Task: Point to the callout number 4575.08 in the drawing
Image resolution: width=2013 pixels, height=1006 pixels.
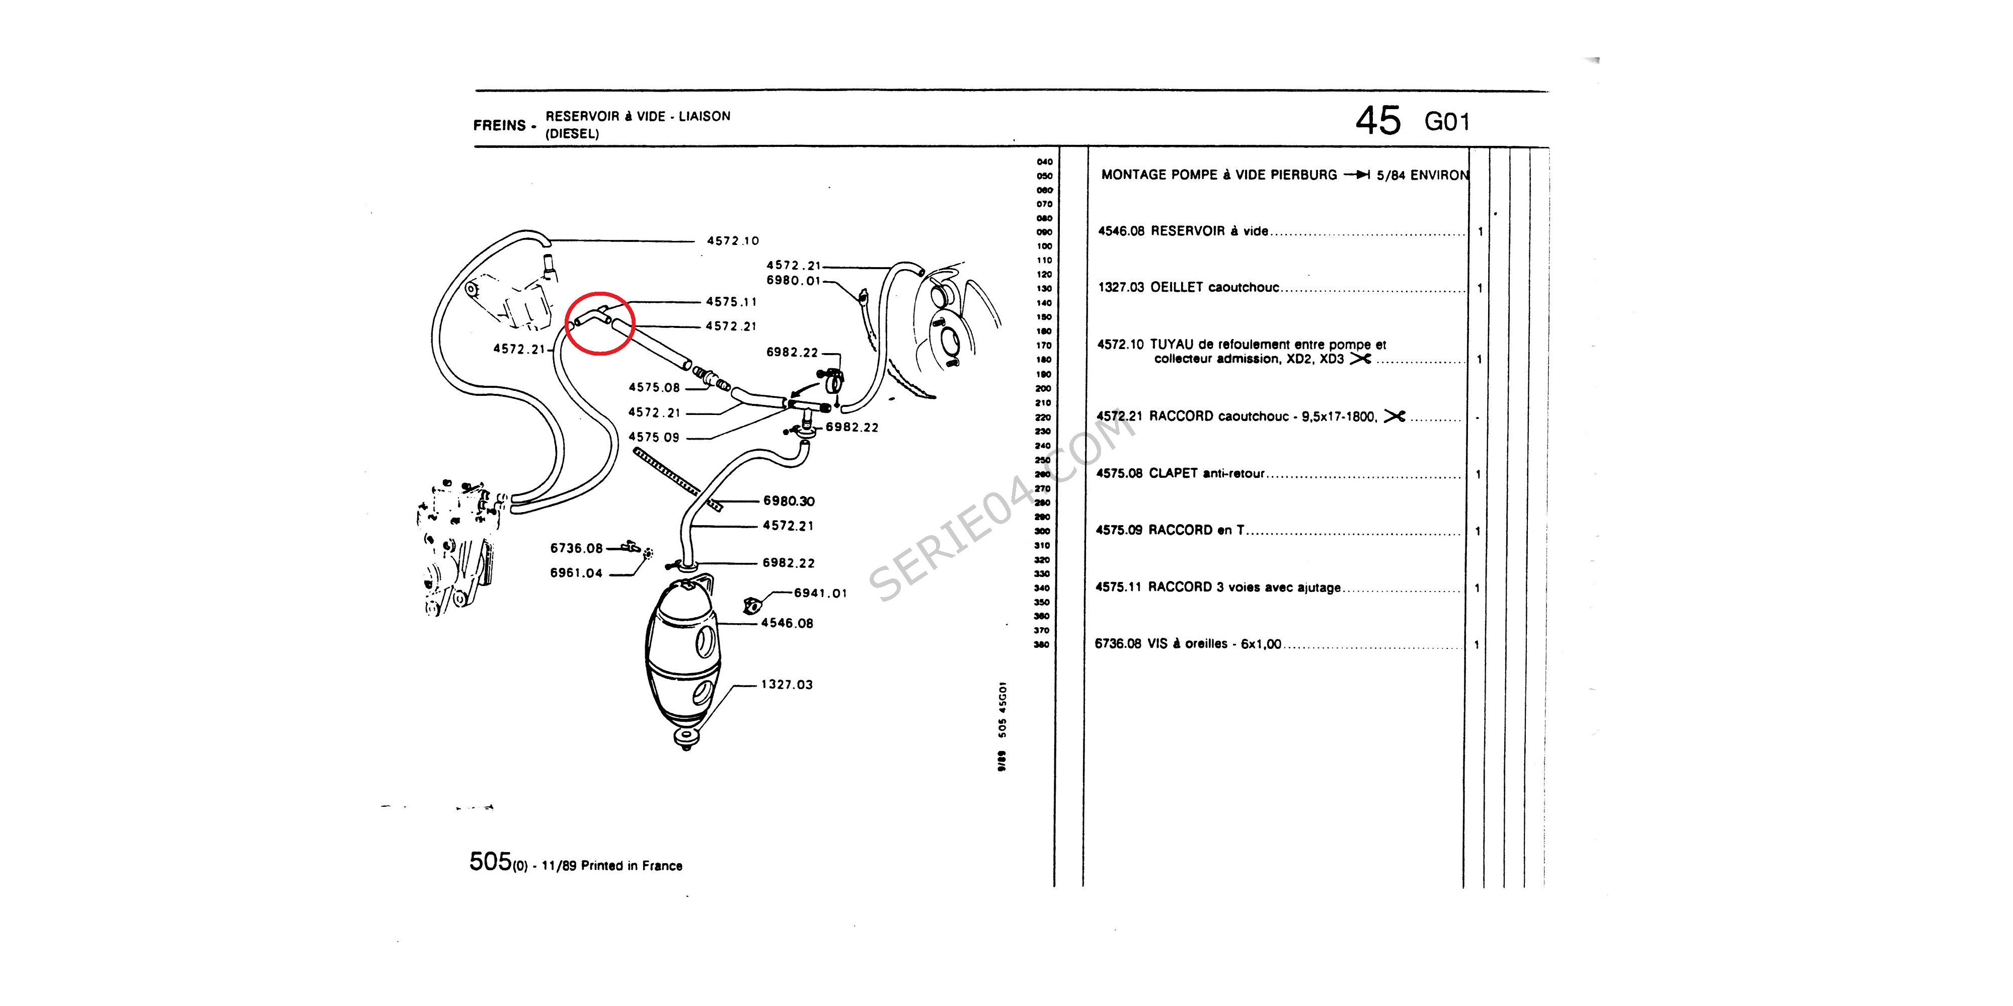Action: tap(654, 387)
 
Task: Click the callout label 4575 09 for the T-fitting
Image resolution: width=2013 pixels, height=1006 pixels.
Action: tap(654, 438)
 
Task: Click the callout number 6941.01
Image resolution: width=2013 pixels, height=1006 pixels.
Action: tap(820, 594)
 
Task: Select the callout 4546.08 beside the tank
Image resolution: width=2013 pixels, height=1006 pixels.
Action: tap(787, 623)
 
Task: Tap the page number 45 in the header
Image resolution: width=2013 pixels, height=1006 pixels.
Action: tap(1378, 121)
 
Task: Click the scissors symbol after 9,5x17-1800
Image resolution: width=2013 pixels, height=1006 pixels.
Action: tap(1394, 417)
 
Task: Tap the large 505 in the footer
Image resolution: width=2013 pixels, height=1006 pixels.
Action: tap(490, 862)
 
